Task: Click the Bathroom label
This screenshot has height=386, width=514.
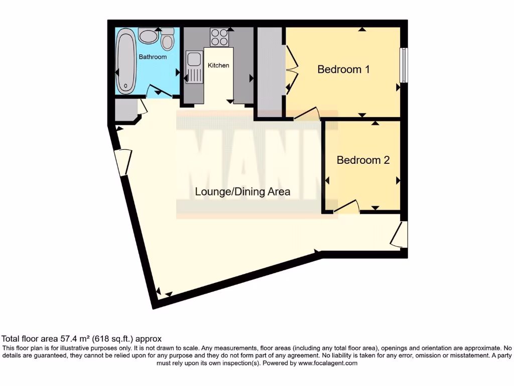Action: click(153, 57)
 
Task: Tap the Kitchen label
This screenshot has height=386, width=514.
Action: click(218, 65)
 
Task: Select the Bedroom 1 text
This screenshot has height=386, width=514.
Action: click(343, 69)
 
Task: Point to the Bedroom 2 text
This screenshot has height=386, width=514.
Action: click(363, 160)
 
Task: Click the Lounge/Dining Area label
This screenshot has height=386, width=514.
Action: click(242, 191)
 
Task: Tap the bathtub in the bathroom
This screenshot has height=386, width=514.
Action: click(125, 61)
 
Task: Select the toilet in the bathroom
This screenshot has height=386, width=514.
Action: click(168, 39)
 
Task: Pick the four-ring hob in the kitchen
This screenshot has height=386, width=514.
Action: click(219, 37)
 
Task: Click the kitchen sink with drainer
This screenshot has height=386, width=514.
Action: click(193, 67)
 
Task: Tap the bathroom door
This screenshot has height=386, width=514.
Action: click(157, 91)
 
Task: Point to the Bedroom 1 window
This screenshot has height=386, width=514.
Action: click(404, 65)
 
